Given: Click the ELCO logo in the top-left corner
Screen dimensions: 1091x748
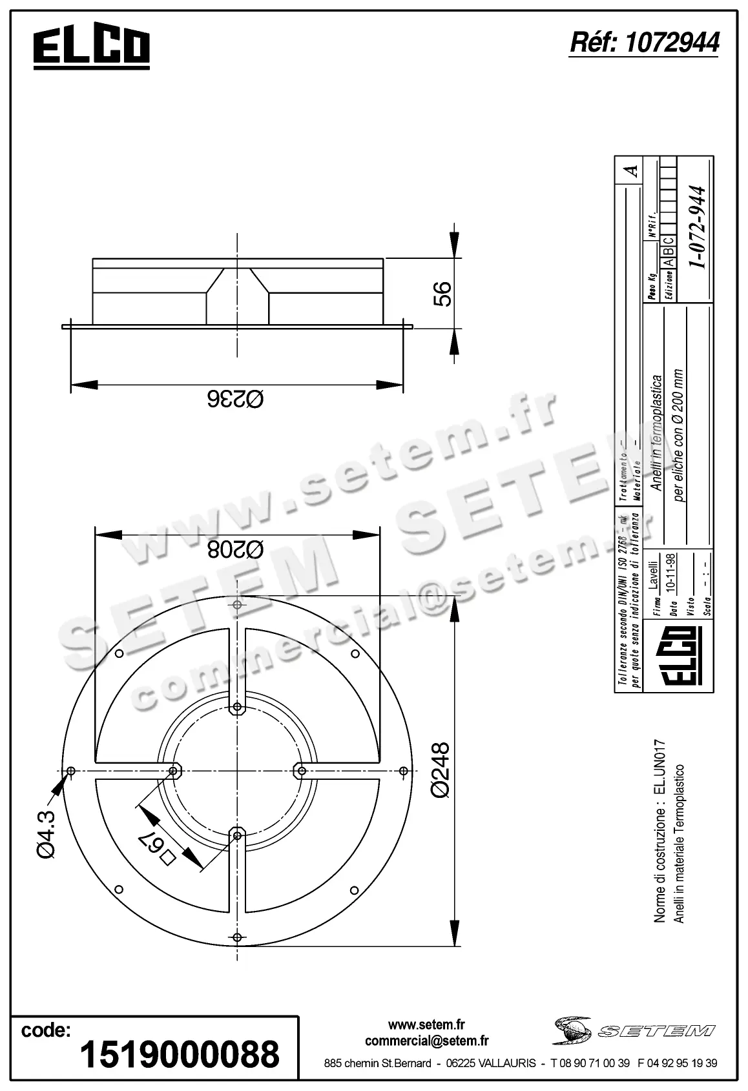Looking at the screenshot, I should point(91,48).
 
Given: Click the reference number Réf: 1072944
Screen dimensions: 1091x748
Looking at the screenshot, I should point(644,43).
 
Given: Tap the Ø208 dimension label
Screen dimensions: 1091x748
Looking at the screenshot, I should point(236,549).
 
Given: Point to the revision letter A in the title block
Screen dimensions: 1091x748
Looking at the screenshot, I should point(633,171).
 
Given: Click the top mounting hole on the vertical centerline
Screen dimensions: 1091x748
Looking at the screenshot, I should point(238,605).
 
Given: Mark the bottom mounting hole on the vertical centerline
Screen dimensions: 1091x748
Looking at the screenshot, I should point(238,937).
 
